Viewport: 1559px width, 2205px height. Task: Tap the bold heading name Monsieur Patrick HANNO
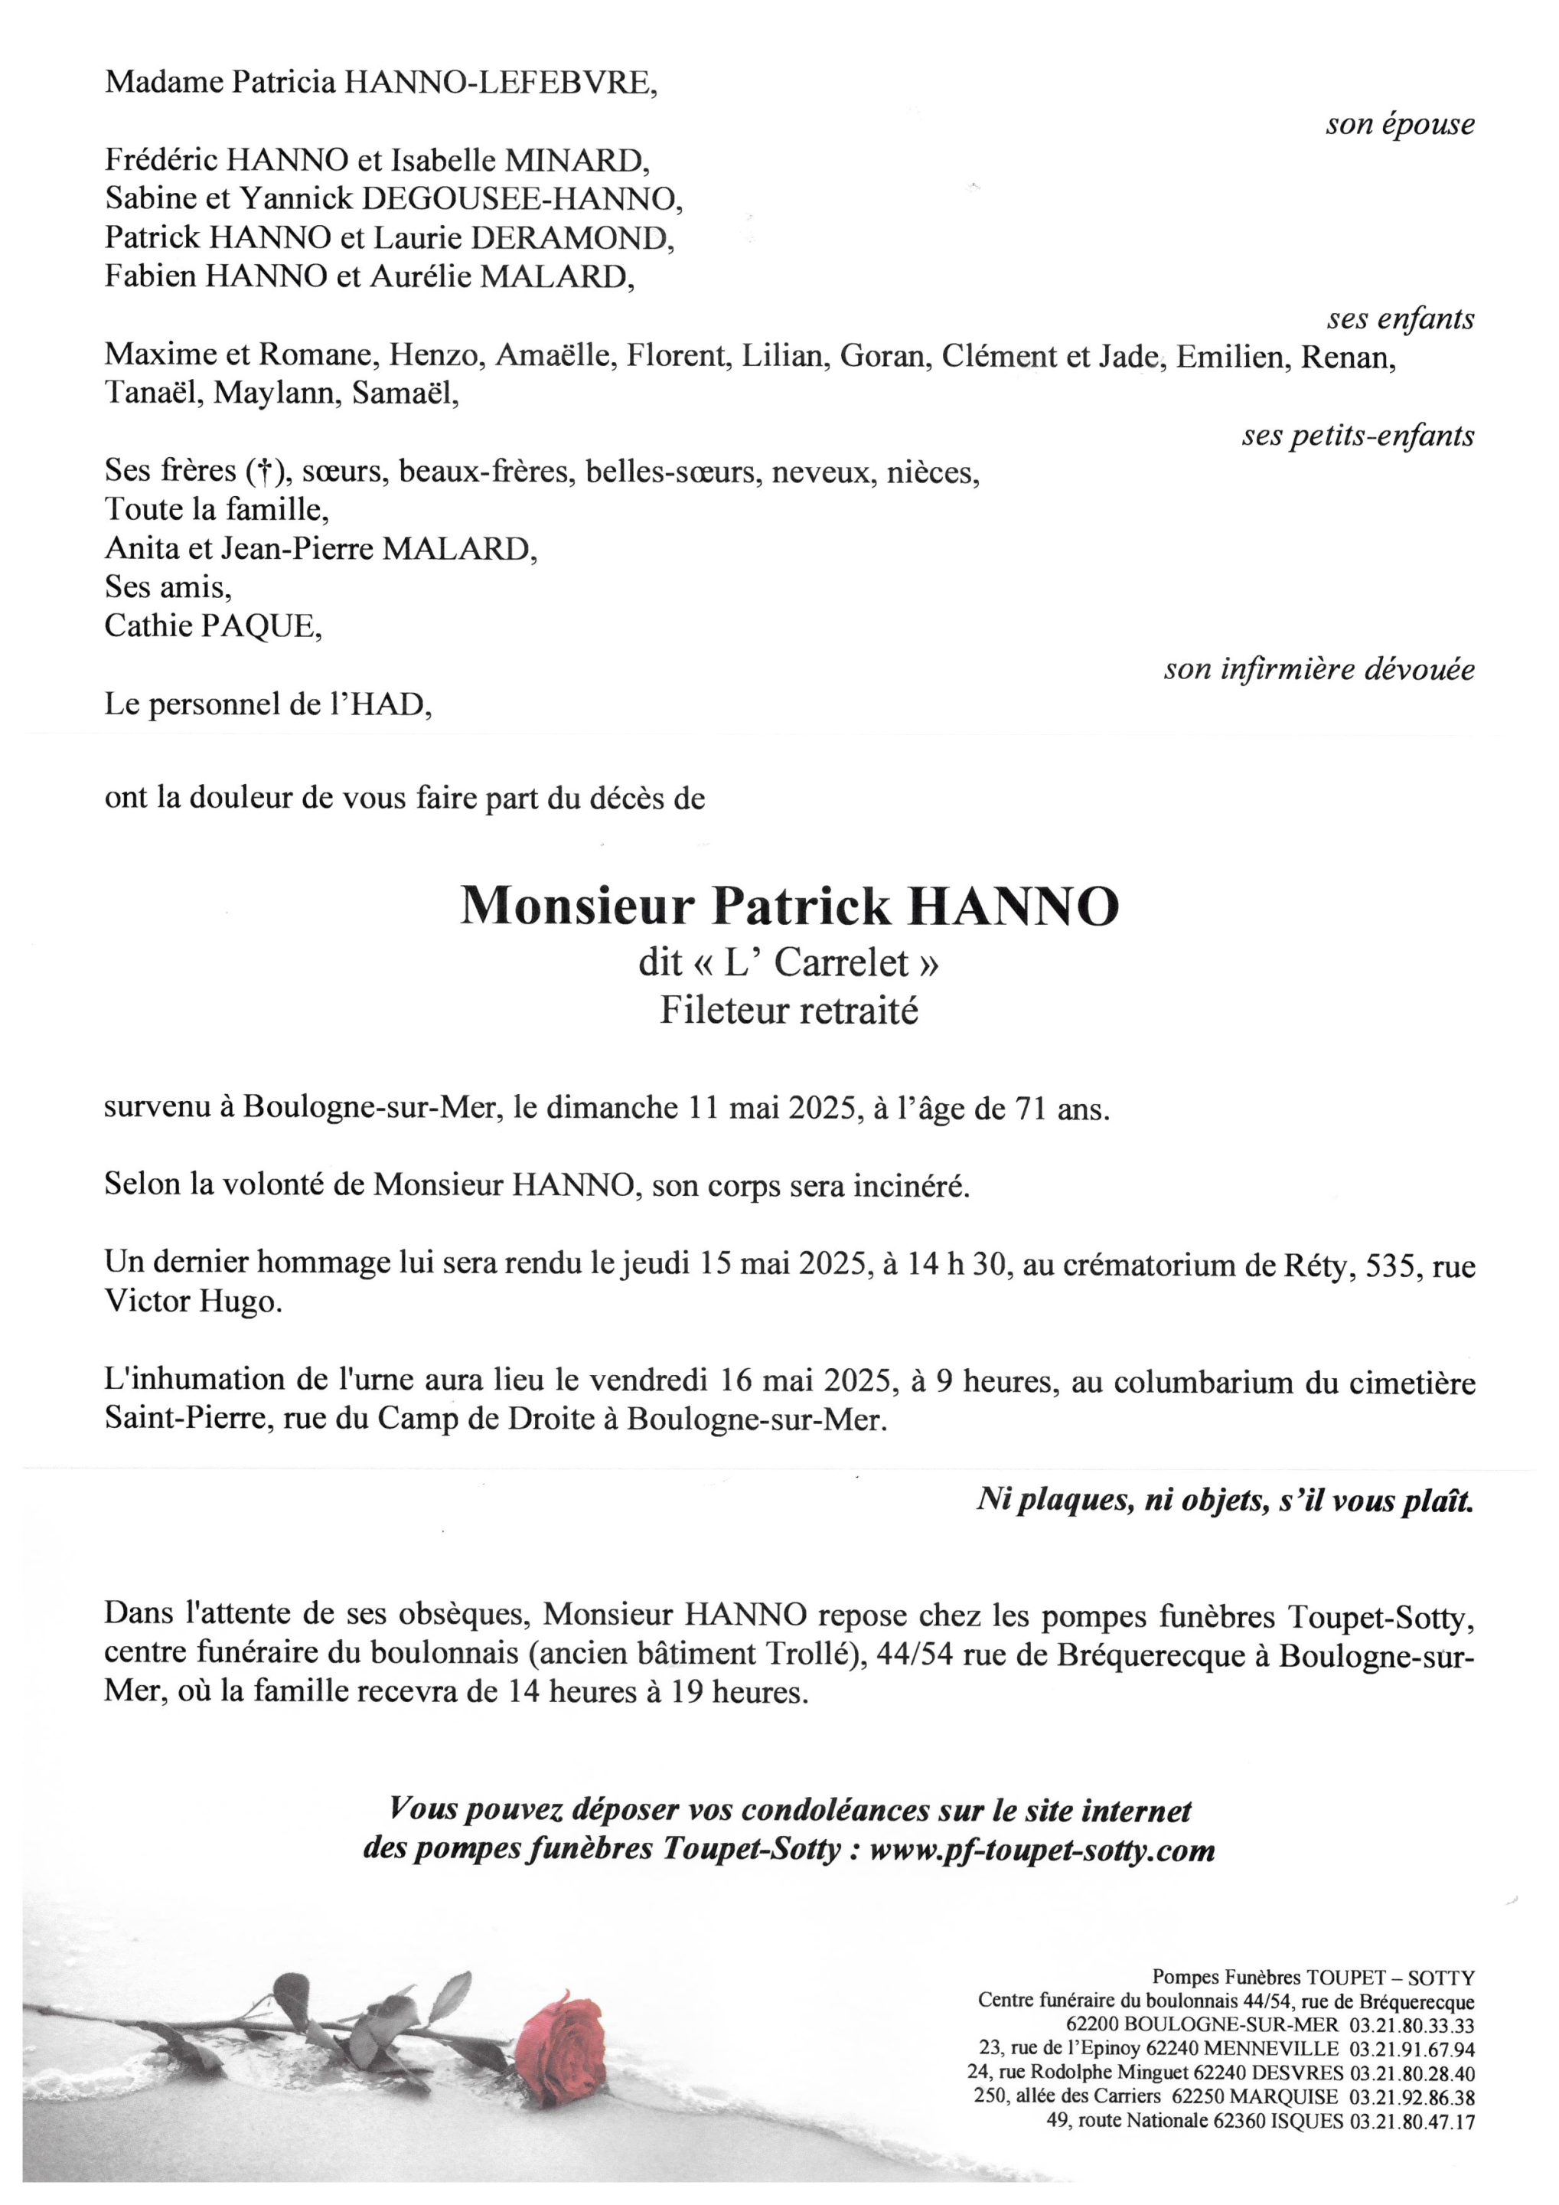789,905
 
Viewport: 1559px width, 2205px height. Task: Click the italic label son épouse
1400,125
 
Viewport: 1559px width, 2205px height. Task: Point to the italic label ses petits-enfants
1358,436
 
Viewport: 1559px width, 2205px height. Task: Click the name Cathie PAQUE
213,626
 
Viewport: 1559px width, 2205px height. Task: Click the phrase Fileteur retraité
788,1011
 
